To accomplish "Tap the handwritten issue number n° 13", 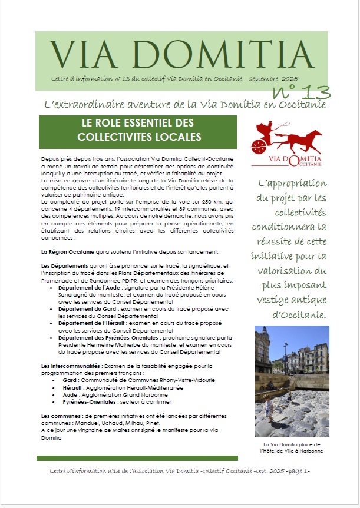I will click(301, 91).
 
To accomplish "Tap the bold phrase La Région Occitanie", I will click(64, 251).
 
